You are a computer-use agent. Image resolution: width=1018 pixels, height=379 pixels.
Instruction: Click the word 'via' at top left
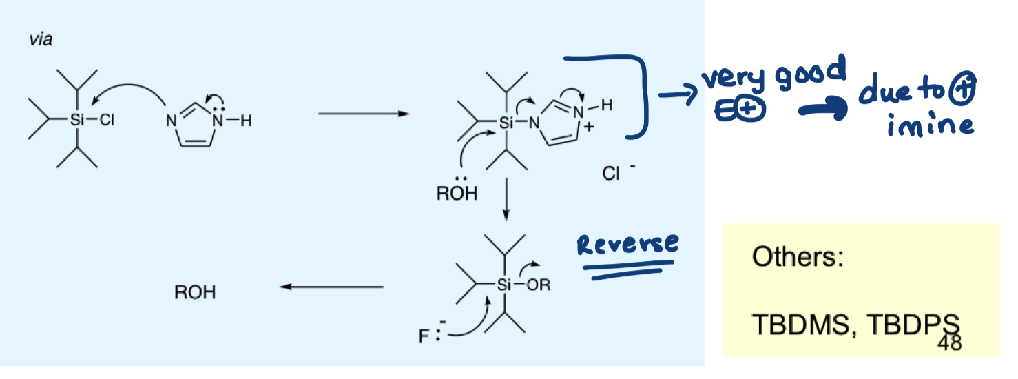(41, 40)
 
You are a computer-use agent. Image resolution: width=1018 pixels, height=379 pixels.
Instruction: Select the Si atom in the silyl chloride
(76, 121)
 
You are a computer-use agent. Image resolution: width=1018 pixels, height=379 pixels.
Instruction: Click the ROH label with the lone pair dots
(456, 193)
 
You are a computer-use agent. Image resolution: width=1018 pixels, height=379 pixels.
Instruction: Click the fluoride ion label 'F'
(423, 338)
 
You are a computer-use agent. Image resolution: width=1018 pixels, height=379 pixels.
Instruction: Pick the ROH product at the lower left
(195, 293)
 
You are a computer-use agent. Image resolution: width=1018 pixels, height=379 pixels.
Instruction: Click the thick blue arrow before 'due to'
(820, 111)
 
